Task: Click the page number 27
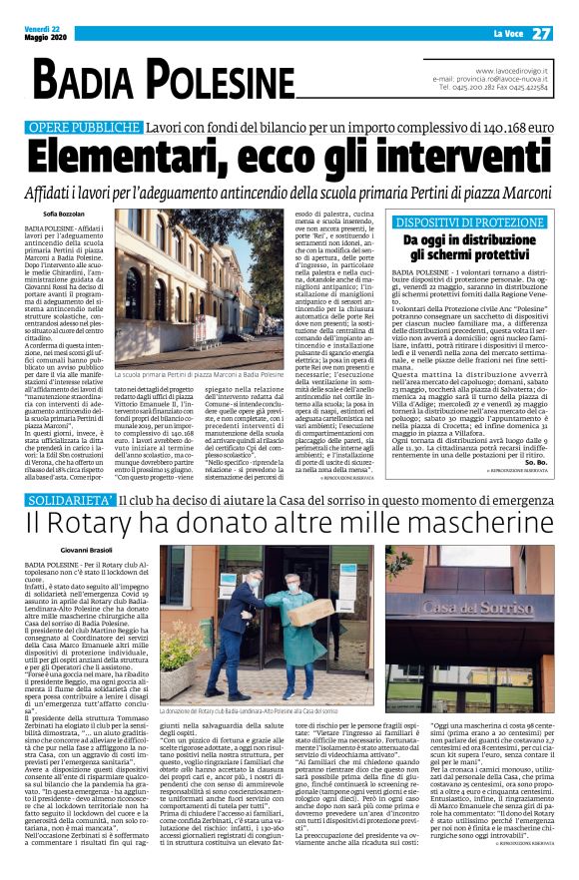542,34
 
